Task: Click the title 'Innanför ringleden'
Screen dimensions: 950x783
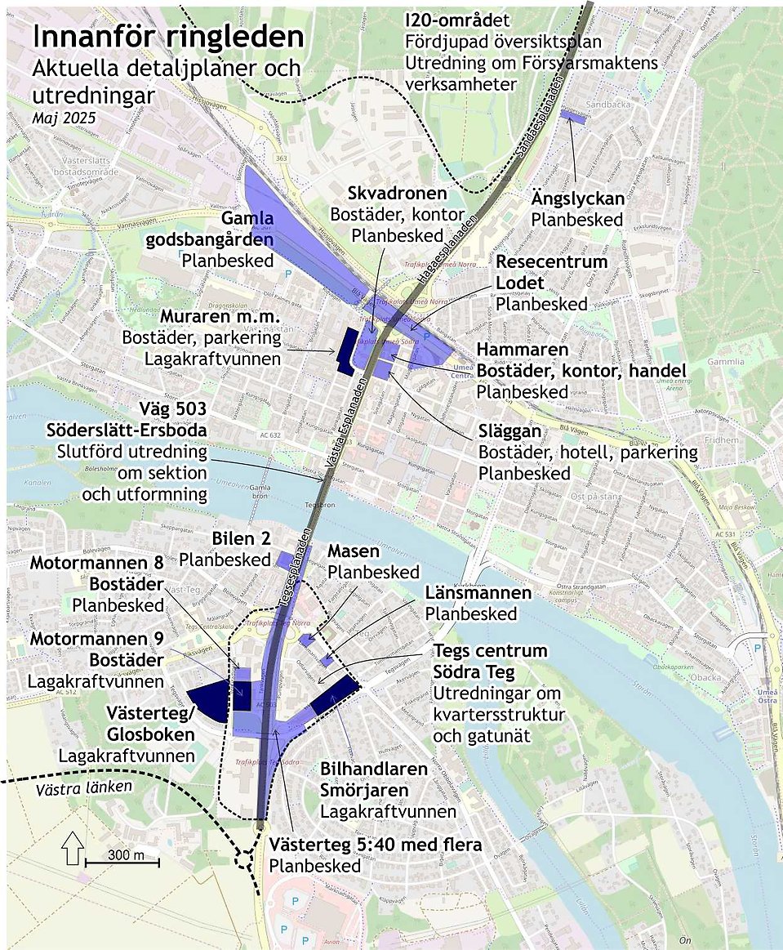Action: point(167,38)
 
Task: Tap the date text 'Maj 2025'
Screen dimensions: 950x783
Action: point(65,118)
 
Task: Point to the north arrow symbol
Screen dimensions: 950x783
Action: point(72,847)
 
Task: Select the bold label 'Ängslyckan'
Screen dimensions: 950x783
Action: point(577,198)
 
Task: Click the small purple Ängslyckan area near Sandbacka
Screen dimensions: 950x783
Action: point(576,116)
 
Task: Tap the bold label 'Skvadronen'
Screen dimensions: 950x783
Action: point(397,194)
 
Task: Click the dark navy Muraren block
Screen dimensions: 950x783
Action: point(345,350)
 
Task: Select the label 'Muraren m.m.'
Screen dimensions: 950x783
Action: point(220,316)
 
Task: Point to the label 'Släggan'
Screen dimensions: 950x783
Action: point(509,430)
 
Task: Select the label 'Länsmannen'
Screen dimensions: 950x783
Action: point(478,592)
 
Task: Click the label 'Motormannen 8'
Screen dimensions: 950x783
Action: point(97,564)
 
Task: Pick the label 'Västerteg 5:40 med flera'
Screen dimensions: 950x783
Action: point(375,845)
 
